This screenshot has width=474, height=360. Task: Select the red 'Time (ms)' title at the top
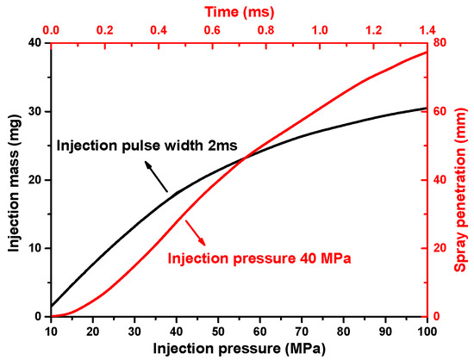pos(239,9)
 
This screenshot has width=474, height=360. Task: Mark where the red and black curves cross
pos(246,156)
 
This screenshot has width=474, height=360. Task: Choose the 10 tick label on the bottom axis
pos(51,331)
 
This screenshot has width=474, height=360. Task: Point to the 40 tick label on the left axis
pos(34,43)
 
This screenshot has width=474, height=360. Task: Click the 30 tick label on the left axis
pos(34,111)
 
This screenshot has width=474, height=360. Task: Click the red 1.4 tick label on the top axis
pos(427,29)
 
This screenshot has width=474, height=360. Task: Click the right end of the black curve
pos(427,108)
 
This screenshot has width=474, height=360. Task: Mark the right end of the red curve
pos(427,53)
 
